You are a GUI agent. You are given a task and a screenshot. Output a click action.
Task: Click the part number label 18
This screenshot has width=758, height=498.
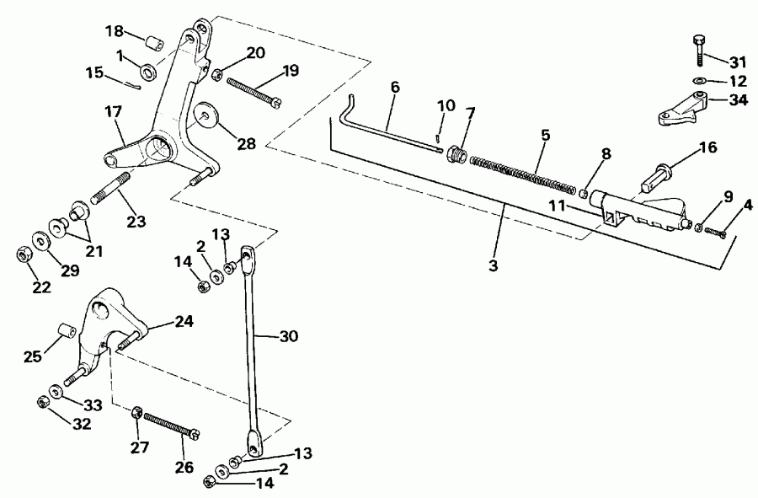pos(114,31)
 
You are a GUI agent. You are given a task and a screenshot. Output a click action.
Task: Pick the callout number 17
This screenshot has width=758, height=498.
pos(113,110)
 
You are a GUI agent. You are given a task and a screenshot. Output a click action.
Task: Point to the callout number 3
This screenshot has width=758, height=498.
pos(494,265)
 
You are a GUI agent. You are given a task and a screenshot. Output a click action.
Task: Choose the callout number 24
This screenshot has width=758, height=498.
pos(184,321)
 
